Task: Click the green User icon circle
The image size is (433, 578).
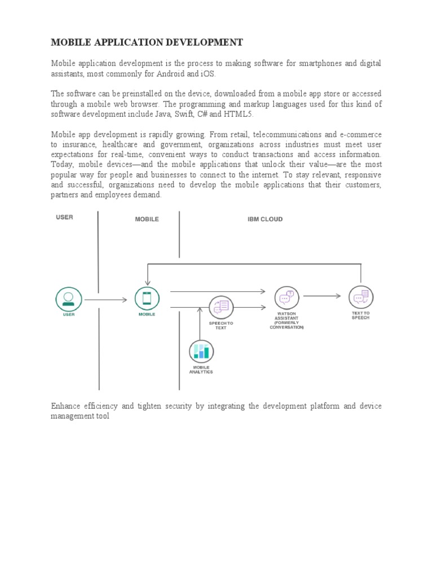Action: pyautogui.click(x=68, y=299)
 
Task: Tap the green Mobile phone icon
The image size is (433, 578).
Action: pyautogui.click(x=147, y=298)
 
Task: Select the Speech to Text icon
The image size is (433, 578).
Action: pyautogui.click(x=221, y=307)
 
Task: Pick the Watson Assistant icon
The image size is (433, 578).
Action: pyautogui.click(x=287, y=297)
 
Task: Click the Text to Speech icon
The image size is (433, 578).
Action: pyautogui.click(x=361, y=297)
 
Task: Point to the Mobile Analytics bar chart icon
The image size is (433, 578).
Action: pyautogui.click(x=201, y=352)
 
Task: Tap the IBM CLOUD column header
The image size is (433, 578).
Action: pyautogui.click(x=265, y=219)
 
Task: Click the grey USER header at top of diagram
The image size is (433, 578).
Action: pyautogui.click(x=64, y=217)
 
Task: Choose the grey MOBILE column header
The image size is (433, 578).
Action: pyautogui.click(x=147, y=219)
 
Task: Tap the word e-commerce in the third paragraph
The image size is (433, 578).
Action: pyautogui.click(x=360, y=134)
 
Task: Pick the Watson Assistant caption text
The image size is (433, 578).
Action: pyautogui.click(x=286, y=321)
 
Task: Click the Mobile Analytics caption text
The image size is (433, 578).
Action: pyautogui.click(x=201, y=370)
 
